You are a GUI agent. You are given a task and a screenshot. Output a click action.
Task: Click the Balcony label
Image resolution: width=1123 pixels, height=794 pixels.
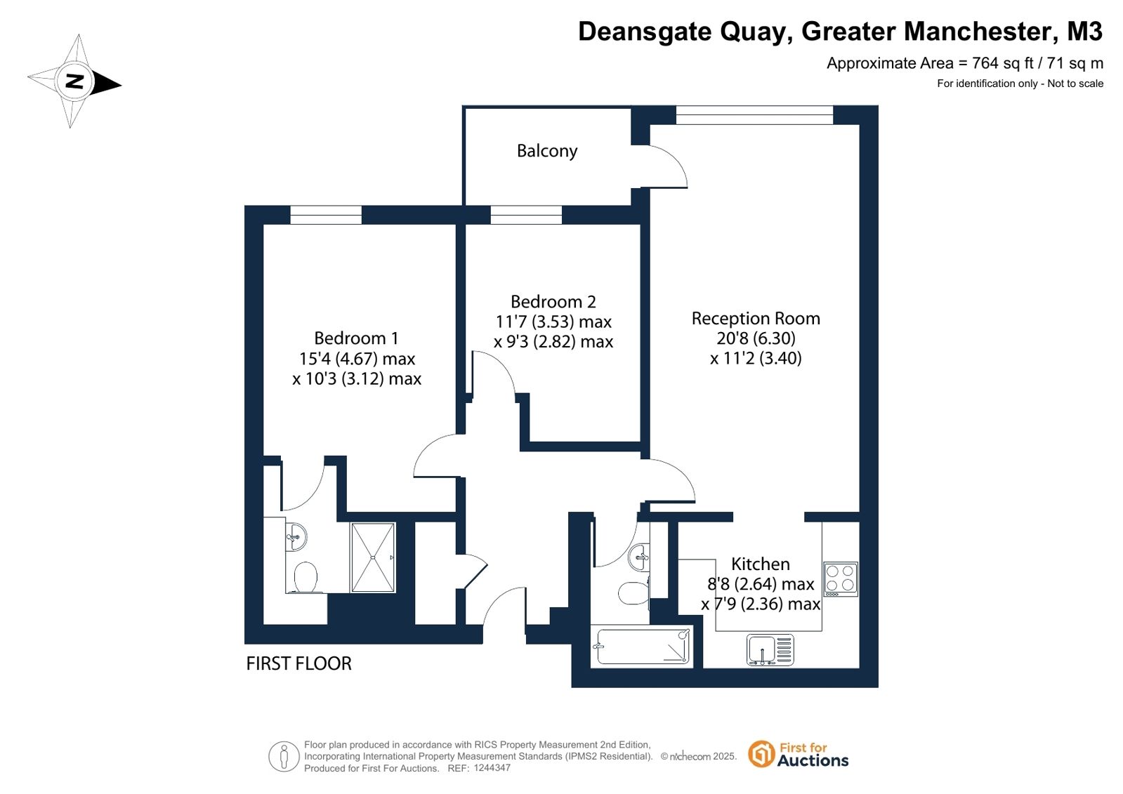pos(547,151)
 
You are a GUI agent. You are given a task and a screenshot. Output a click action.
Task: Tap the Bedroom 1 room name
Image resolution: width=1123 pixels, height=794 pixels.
pos(357,338)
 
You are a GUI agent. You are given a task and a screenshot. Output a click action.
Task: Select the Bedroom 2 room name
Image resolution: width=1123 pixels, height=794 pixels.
pos(553,302)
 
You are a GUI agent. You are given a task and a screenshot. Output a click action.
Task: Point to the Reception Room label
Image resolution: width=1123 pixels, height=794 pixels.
pos(756,318)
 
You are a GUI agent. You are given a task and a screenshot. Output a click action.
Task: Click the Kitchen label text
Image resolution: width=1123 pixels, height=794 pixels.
pos(761,564)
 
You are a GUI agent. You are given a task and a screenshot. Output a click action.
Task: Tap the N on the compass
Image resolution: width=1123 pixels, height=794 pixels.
pos(74,81)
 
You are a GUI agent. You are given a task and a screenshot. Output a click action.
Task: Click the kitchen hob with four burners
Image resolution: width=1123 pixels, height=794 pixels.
pos(841,579)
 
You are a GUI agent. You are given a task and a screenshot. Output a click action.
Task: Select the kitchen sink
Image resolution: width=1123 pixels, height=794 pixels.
pos(770,649)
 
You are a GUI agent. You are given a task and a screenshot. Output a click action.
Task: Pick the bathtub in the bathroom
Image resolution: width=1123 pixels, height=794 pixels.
pos(642,646)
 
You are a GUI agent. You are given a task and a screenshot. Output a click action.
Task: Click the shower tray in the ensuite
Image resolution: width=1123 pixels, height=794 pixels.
pos(373,557)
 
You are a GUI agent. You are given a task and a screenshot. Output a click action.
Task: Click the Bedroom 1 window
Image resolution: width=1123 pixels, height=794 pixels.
pos(326,215)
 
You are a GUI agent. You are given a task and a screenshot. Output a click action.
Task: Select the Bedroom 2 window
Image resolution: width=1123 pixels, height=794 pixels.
pos(526,215)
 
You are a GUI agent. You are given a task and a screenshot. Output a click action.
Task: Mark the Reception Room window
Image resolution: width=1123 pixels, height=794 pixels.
pos(754,115)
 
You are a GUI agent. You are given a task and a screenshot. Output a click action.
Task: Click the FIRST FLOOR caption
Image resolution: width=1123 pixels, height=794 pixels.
pos(298,663)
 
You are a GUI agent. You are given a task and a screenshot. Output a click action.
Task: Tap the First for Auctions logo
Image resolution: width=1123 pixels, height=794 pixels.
pos(798,755)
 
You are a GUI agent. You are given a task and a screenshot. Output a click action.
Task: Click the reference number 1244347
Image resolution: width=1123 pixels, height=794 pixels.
pos(492,768)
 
